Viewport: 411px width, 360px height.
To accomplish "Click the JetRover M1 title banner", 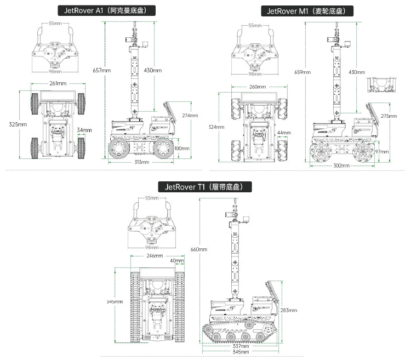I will point(307,10).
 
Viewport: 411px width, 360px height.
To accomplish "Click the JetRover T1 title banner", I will point(205,187).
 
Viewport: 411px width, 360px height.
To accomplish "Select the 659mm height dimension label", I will point(302,72).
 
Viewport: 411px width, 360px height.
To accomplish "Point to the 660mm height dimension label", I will point(198,249).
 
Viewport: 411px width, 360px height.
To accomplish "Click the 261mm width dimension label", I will point(58,83).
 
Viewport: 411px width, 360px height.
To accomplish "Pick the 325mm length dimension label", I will point(18,124).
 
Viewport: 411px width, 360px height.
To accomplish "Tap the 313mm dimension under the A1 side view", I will point(142,162).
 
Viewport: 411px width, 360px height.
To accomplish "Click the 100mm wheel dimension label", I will point(182,148).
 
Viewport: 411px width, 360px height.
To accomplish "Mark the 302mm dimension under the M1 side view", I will point(341,165).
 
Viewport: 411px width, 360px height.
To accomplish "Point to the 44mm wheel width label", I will point(284,133).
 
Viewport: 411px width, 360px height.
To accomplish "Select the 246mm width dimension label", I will point(154,256).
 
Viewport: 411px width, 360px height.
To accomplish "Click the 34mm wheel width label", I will point(84,130).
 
